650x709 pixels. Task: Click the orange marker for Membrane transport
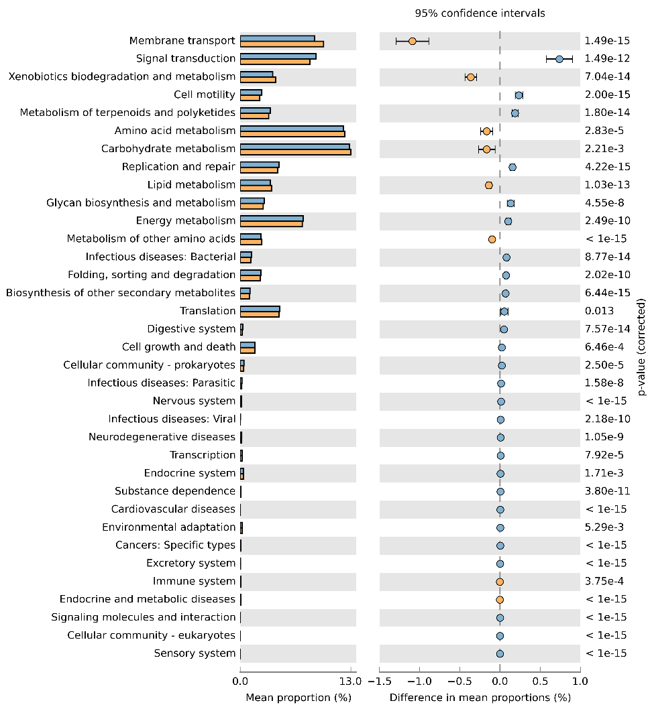coord(413,41)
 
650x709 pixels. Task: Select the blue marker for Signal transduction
coord(559,59)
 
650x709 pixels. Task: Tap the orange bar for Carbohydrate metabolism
coord(295,151)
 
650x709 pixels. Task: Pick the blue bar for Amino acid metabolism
coord(292,128)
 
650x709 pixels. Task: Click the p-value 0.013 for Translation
coord(599,311)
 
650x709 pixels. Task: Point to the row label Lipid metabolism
coord(191,185)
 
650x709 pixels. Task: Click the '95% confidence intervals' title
coord(470,13)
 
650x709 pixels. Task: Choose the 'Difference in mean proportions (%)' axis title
coord(480,698)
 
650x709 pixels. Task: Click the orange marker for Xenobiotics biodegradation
coord(471,77)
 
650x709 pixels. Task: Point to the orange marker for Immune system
coord(500,582)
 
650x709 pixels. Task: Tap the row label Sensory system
coord(195,653)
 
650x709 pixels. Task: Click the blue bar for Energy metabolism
coord(272,218)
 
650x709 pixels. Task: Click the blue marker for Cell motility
coord(519,95)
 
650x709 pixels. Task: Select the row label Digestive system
coord(191,329)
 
